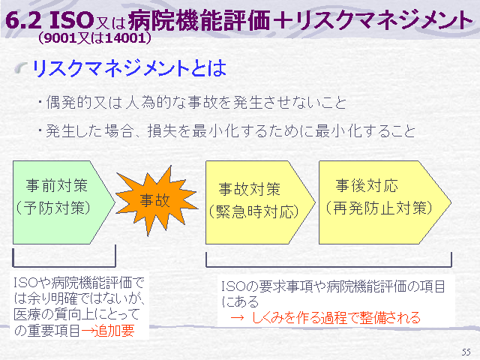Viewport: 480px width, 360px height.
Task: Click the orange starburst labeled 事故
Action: coord(156,201)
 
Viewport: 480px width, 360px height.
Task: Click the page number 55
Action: coord(466,352)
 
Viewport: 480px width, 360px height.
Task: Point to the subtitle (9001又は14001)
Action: coord(95,38)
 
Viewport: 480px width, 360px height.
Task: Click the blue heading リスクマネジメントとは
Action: coord(129,68)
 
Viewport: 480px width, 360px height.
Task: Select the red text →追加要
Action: coord(108,331)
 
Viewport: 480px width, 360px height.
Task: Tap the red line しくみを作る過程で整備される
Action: coord(325,318)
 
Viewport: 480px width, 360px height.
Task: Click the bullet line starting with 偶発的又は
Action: coord(193,102)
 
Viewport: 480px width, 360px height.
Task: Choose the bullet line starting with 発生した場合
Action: coord(227,131)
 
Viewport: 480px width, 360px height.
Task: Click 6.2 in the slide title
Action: coord(23,21)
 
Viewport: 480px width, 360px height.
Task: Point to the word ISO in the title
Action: coord(71,20)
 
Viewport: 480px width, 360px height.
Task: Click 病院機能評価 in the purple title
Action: coord(199,21)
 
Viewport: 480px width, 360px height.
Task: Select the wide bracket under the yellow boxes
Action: coord(328,266)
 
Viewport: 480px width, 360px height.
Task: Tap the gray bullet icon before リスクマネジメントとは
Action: coord(21,68)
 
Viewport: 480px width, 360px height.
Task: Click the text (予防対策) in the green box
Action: coord(53,208)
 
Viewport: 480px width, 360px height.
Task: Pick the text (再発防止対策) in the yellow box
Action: coord(379,208)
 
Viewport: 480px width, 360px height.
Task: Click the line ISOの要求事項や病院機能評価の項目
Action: coord(333,286)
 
